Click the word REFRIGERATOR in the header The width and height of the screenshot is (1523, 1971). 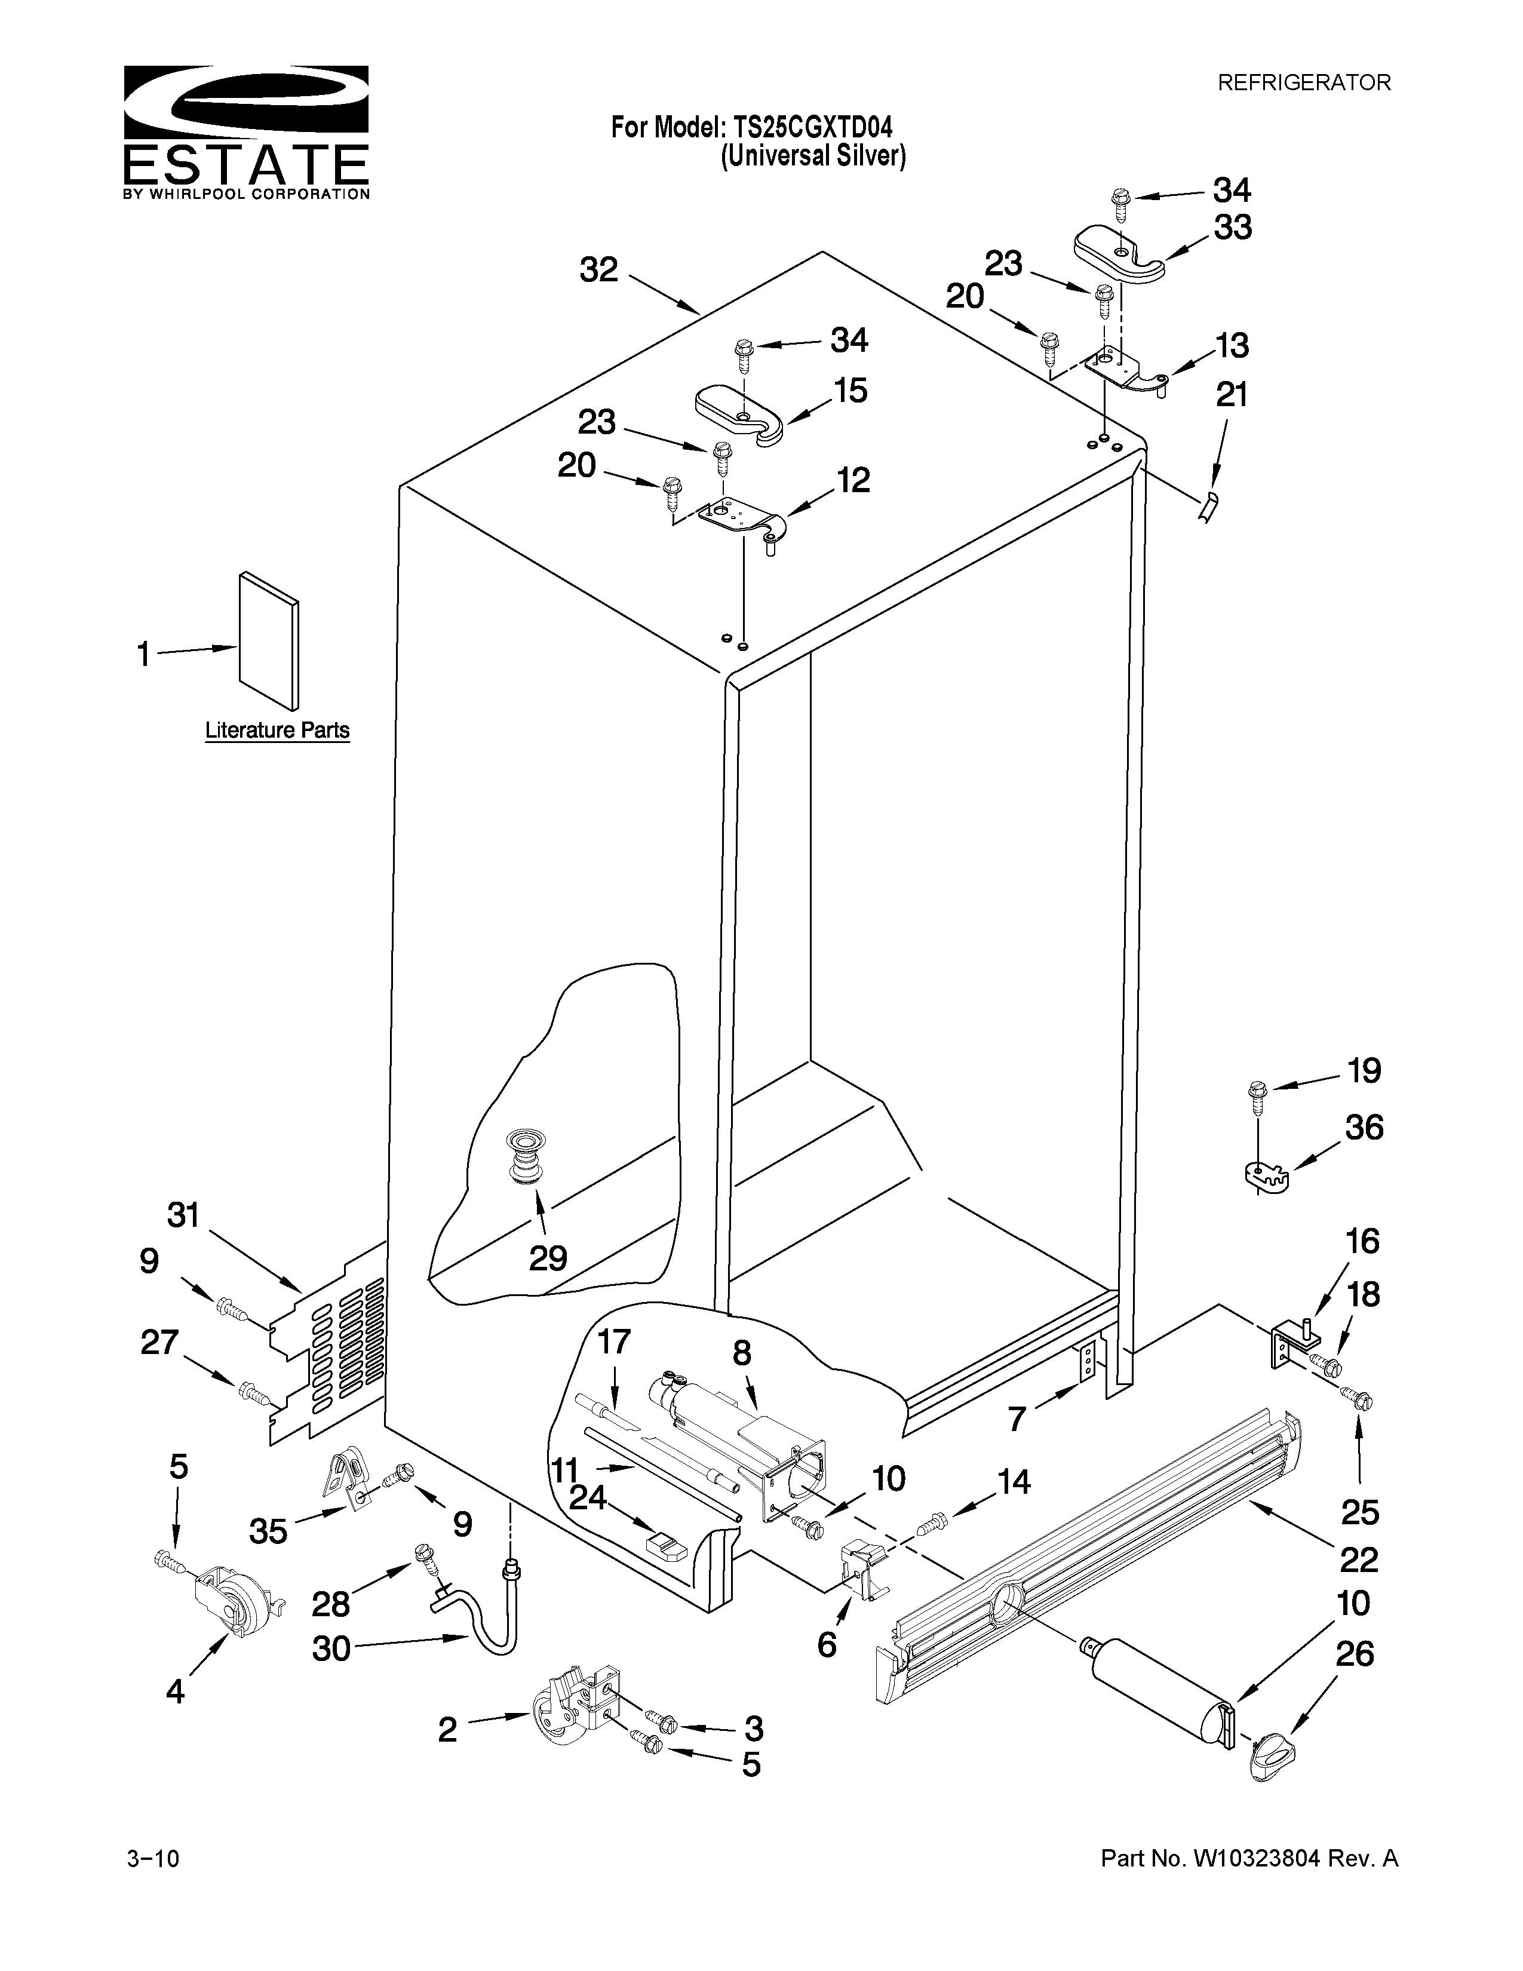coord(1304,83)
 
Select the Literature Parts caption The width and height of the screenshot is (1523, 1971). coord(277,730)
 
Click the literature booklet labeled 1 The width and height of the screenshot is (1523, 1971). coord(269,639)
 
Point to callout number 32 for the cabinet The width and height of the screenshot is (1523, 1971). coord(599,270)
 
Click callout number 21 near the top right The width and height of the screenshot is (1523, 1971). coord(1232,395)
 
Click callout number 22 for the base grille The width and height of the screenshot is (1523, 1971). coord(1358,1558)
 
